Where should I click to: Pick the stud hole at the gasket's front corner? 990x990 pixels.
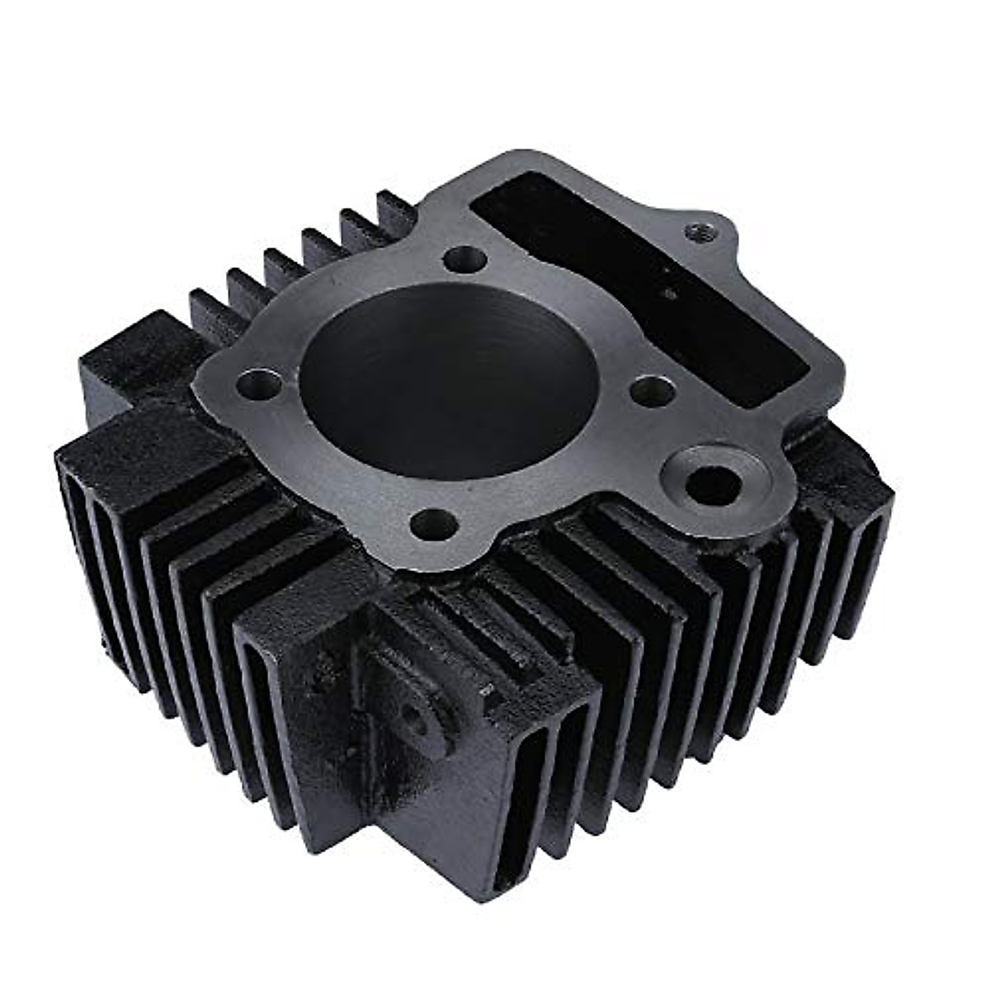[x=432, y=522]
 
